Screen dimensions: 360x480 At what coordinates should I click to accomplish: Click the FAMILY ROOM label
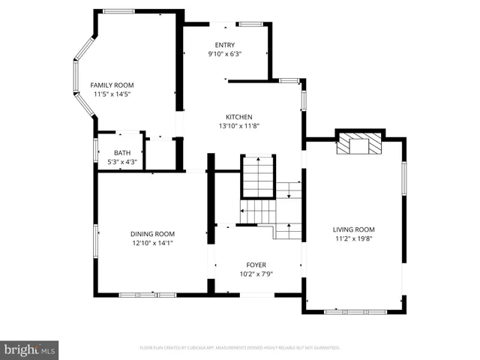112,85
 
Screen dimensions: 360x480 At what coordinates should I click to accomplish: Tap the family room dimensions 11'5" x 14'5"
112,95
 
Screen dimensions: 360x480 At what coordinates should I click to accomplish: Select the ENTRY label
224,45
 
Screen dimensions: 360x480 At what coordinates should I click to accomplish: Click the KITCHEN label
239,117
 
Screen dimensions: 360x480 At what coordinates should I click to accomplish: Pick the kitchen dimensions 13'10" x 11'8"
239,127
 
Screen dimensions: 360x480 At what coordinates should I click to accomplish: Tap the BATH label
121,153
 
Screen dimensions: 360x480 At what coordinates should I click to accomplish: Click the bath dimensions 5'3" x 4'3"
121,162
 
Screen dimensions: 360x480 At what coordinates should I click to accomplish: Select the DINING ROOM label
152,233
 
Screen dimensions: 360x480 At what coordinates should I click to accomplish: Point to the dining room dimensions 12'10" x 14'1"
152,243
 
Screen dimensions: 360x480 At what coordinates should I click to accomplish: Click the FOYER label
256,265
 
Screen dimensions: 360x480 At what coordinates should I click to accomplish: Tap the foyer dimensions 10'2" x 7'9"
256,274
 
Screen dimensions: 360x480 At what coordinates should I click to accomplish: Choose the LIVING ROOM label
354,229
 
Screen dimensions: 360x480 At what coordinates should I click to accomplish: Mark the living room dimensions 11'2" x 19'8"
354,239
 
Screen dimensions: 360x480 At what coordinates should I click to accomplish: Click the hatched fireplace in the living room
358,144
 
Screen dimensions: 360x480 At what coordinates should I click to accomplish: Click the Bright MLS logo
30,349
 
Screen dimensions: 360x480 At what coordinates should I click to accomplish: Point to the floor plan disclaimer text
240,348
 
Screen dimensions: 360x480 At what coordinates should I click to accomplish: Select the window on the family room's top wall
118,10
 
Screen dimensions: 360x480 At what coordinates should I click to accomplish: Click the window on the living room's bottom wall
355,311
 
